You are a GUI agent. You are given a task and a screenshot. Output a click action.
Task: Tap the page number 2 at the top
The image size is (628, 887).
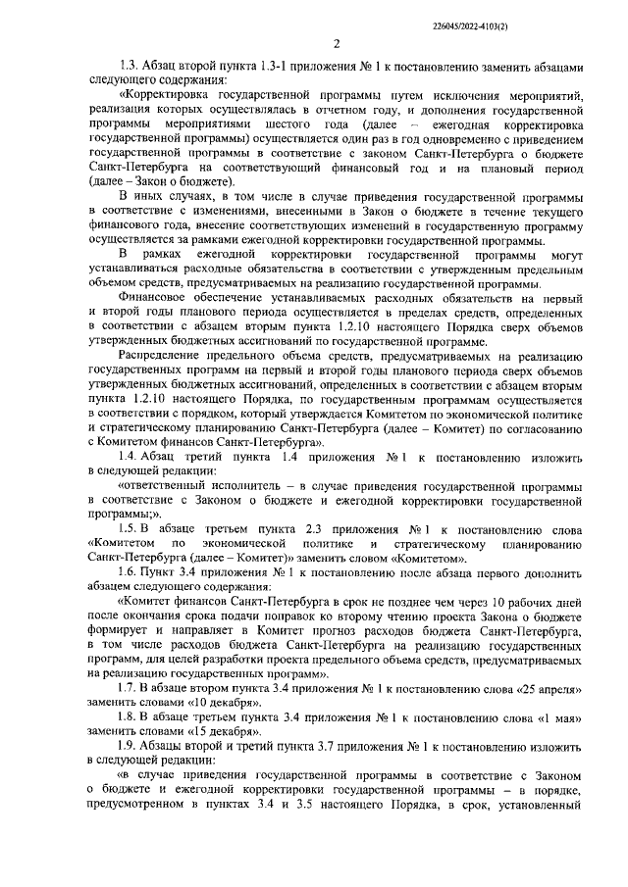tap(337, 43)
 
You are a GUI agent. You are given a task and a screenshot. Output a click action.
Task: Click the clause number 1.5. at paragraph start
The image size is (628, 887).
tap(130, 526)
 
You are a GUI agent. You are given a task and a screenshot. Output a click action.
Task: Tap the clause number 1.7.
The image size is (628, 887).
tap(130, 687)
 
